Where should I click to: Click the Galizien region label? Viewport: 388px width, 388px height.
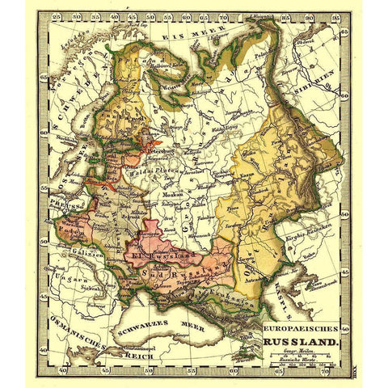point(74,255)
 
